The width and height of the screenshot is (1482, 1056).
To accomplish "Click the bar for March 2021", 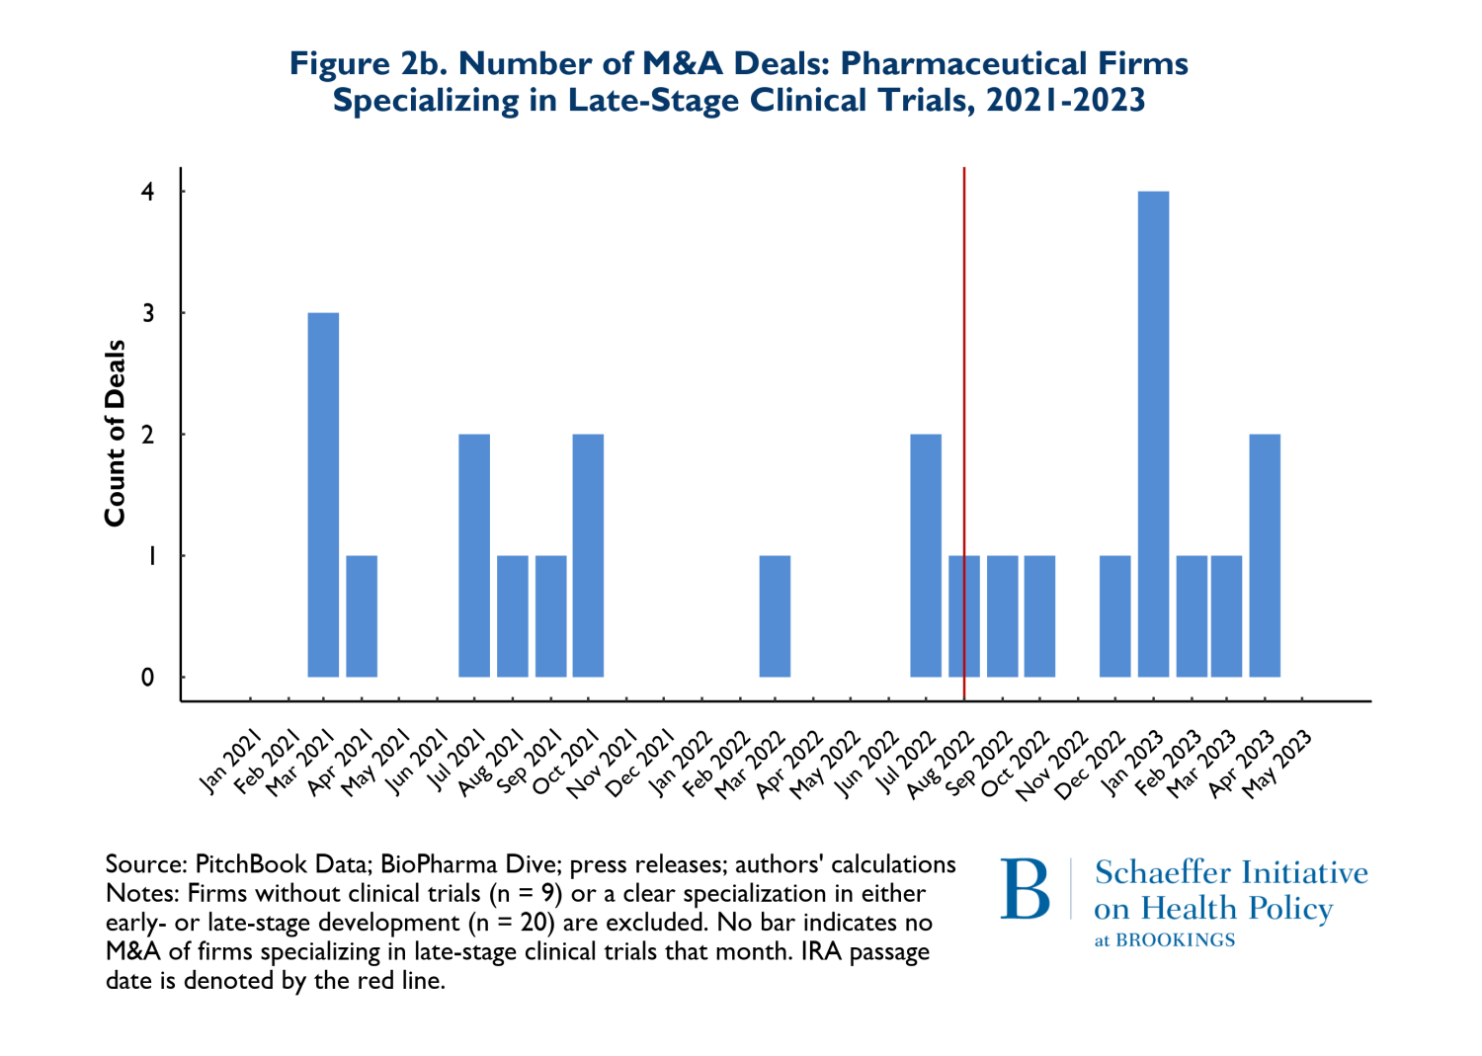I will (x=323, y=494).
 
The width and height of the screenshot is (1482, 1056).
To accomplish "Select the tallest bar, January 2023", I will (x=1153, y=435).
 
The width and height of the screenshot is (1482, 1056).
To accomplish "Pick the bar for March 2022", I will (x=775, y=616).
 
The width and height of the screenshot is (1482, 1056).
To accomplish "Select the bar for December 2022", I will (x=1114, y=616).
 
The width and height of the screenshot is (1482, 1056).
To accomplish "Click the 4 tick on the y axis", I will (x=148, y=191).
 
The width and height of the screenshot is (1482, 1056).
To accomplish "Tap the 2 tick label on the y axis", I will (x=148, y=435).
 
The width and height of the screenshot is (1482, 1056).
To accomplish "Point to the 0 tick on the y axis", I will (x=148, y=678).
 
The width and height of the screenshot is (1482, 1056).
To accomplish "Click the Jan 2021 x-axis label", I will (x=230, y=761).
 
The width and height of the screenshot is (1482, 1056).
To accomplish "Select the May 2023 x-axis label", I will (x=1276, y=763).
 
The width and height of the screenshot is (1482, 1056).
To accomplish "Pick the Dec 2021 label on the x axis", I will (x=640, y=763).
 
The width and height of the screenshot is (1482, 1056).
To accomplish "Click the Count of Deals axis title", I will (x=116, y=433).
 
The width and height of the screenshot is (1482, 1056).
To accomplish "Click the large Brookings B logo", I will (x=1025, y=889).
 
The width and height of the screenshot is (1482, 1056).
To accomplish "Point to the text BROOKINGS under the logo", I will (x=1176, y=940).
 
